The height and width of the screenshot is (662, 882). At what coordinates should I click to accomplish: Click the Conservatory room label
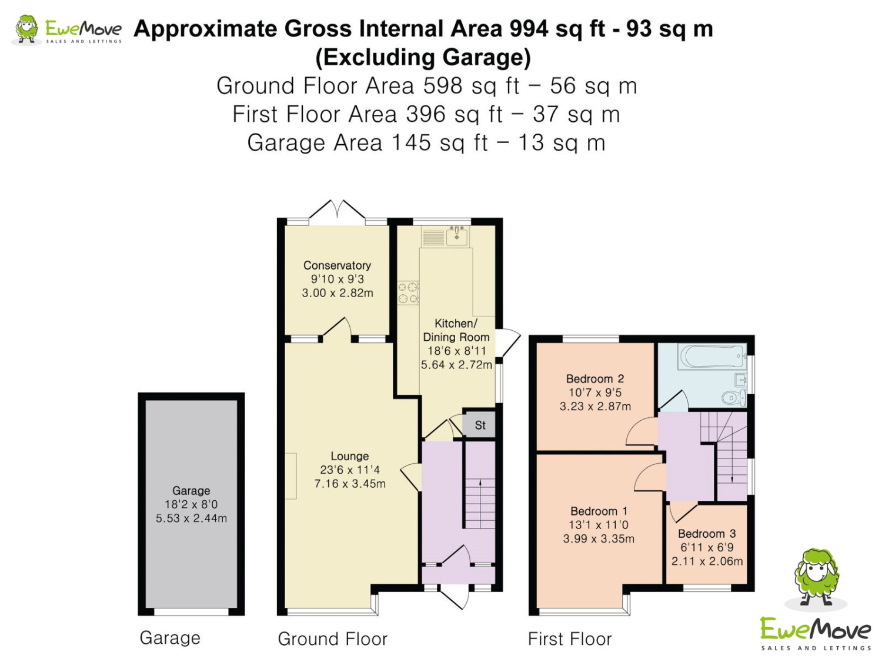click(x=337, y=265)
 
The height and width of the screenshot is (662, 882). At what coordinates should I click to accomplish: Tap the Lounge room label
click(x=349, y=456)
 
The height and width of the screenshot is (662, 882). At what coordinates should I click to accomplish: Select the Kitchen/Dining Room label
click(x=456, y=330)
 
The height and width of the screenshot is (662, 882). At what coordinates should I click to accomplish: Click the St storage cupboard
click(x=479, y=425)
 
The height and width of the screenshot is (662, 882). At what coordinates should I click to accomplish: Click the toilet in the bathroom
click(x=733, y=398)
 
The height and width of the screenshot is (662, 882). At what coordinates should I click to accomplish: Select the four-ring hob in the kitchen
click(x=408, y=292)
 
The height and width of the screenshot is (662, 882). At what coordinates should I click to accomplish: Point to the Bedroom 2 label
click(x=594, y=378)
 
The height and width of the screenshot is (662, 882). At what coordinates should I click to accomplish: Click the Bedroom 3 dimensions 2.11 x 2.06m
click(x=706, y=561)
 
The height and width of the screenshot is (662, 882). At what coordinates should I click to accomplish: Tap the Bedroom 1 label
click(x=599, y=511)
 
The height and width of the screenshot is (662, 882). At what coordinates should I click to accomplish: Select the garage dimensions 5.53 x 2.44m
click(x=191, y=518)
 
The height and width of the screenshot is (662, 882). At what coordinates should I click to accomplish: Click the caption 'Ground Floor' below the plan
click(x=332, y=638)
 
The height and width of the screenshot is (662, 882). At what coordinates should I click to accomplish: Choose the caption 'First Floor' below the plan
click(x=569, y=638)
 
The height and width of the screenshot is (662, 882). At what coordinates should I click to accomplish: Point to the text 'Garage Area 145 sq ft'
click(x=367, y=142)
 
